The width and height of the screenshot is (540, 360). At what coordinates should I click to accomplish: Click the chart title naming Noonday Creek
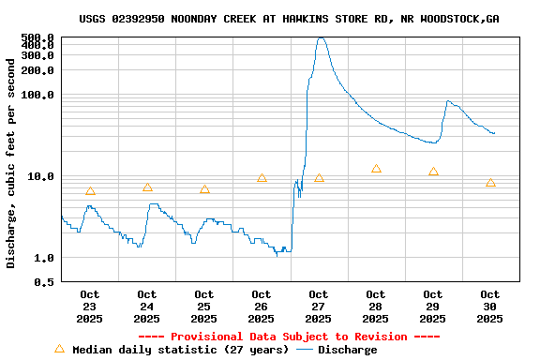pyautogui.click(x=289, y=19)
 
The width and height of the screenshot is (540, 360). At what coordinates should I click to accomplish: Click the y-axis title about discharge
pyautogui.click(x=11, y=163)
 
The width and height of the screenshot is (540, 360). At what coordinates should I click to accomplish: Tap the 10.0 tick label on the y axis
pyautogui.click(x=40, y=176)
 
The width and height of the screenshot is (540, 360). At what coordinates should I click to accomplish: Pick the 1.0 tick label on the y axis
pyautogui.click(x=43, y=258)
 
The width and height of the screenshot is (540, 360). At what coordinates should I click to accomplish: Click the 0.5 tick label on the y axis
pyautogui.click(x=43, y=282)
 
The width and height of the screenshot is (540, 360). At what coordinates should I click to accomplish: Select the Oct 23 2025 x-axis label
pyautogui.click(x=90, y=307)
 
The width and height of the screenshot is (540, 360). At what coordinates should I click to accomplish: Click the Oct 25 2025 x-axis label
pyautogui.click(x=204, y=307)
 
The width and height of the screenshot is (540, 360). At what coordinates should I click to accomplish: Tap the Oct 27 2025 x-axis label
pyautogui.click(x=319, y=307)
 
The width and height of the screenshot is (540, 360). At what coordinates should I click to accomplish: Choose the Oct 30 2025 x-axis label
pyautogui.click(x=490, y=307)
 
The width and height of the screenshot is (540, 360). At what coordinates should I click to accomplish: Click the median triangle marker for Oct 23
pyautogui.click(x=90, y=191)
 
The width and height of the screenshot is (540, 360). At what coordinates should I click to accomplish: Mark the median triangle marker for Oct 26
pyautogui.click(x=262, y=178)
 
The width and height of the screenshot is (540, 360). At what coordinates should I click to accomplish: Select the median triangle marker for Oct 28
pyautogui.click(x=376, y=169)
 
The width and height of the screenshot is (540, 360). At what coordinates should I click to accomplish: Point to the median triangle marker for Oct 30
pyautogui.click(x=490, y=183)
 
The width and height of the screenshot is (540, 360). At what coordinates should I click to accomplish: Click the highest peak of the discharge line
pyautogui.click(x=321, y=38)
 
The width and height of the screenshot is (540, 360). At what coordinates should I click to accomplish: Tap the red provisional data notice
pyautogui.click(x=289, y=337)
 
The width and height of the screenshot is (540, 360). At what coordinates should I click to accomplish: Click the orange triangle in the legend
pyautogui.click(x=60, y=349)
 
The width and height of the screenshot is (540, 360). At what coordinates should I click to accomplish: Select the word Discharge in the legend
pyautogui.click(x=347, y=350)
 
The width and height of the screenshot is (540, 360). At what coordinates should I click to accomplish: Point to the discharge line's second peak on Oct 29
pyautogui.click(x=448, y=101)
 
